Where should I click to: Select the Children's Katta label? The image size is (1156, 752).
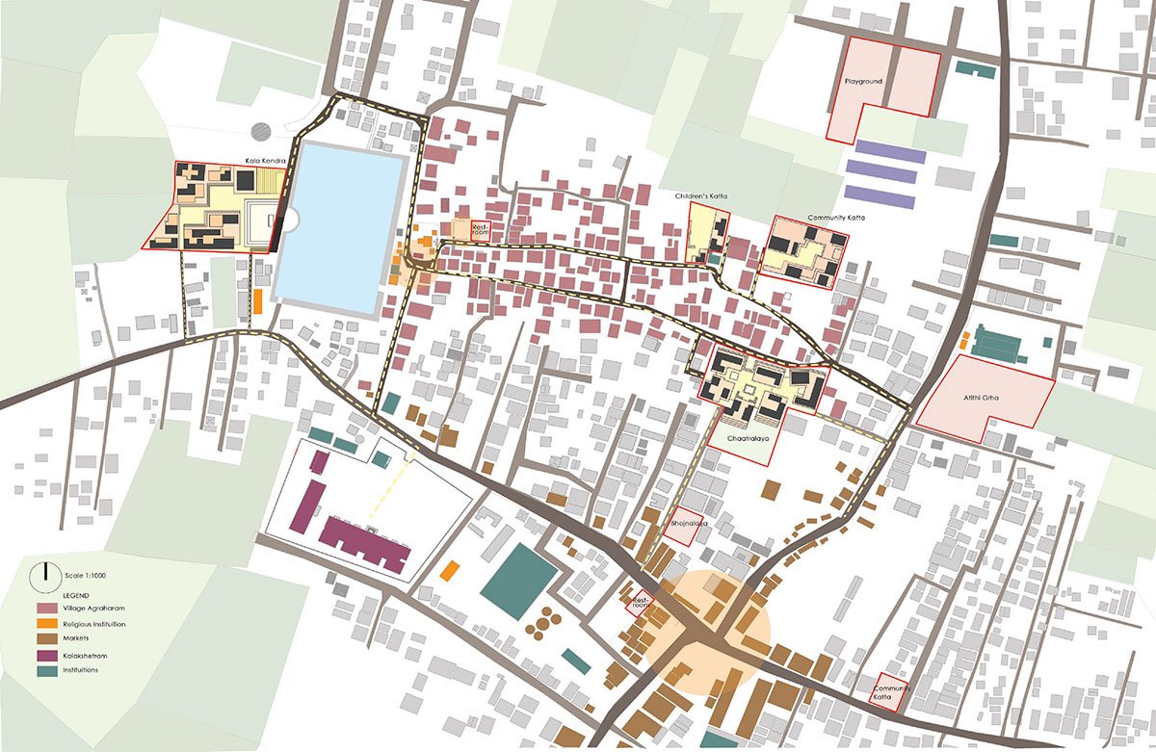(x=701, y=196)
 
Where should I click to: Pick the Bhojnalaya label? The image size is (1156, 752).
(x=689, y=524)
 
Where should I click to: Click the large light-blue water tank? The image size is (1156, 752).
(x=341, y=227)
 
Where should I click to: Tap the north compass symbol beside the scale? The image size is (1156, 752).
(x=43, y=577)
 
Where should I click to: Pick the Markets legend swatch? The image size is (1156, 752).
(x=45, y=639)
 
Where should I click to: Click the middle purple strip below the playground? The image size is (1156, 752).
(x=884, y=176)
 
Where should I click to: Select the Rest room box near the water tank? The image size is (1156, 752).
(x=479, y=229)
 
